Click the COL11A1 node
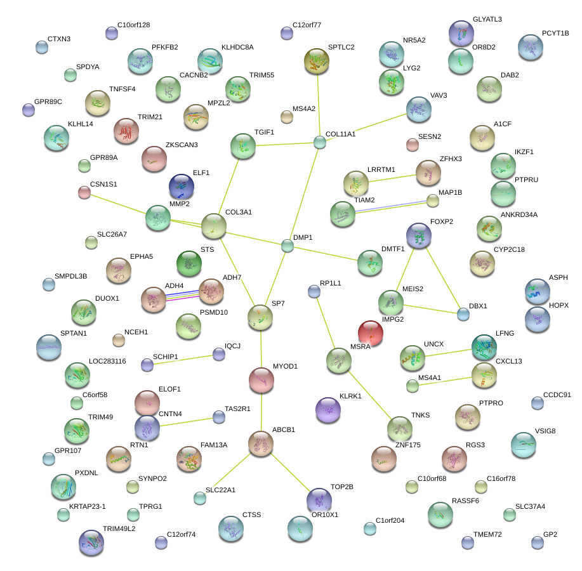click(320, 143)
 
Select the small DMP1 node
click(288, 246)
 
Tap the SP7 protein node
click(260, 317)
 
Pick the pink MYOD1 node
click(261, 379)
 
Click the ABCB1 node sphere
click(260, 443)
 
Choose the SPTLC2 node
click(317, 60)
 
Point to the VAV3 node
click(418, 108)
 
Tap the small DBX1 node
click(463, 313)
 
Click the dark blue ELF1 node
click(182, 186)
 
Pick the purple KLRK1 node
click(327, 409)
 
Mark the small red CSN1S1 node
click(84, 192)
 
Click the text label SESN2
click(430, 136)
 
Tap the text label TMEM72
click(487, 534)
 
